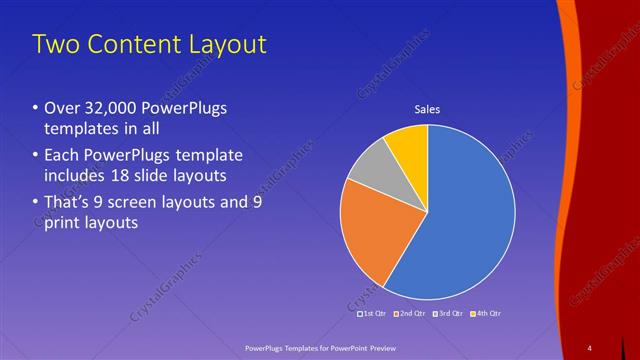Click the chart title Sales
pos(427,109)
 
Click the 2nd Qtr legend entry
pos(410,313)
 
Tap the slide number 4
pos(589,347)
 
